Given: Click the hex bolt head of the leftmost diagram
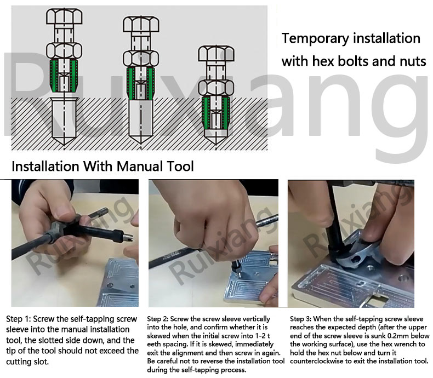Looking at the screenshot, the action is (x=64, y=16).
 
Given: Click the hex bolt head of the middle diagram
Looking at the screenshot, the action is (x=141, y=24).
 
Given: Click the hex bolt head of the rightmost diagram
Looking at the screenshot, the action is (x=216, y=54).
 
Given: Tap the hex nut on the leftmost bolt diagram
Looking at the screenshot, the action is (x=64, y=50).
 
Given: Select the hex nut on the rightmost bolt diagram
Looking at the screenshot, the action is (x=216, y=88).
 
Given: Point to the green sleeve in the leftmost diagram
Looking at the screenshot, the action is (x=64, y=76).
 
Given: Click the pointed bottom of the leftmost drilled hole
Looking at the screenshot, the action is (x=64, y=144).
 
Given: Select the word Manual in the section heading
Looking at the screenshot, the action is (x=139, y=166).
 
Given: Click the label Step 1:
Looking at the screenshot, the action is (x=19, y=319).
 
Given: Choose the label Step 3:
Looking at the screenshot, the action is (x=300, y=319).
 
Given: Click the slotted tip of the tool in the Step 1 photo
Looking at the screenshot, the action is (x=128, y=237).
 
